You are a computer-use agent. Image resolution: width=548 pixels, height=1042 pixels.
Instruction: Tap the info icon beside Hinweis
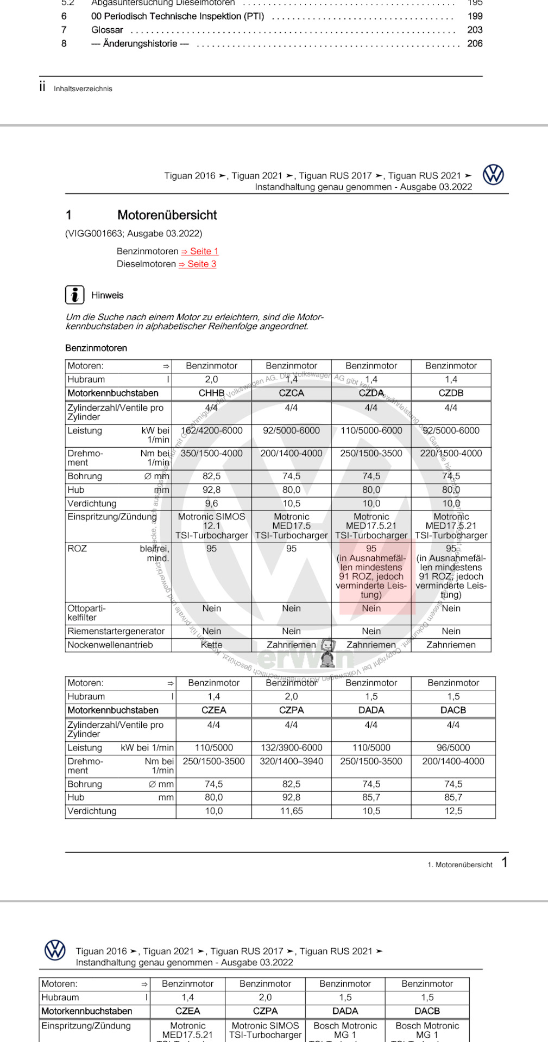(x=75, y=295)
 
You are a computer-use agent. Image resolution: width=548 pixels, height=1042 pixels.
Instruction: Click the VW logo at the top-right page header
(x=493, y=175)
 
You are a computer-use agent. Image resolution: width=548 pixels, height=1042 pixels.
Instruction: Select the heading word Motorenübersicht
(x=167, y=215)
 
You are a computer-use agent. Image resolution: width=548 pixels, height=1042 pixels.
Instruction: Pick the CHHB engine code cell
(x=211, y=393)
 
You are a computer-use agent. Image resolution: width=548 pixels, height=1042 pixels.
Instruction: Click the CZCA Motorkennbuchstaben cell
(x=291, y=393)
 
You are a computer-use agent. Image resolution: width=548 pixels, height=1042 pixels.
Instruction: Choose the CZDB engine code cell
(x=451, y=393)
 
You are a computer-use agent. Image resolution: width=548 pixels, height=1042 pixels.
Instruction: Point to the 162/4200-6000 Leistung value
(x=211, y=430)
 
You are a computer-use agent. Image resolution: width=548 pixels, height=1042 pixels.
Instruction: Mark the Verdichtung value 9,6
(x=211, y=503)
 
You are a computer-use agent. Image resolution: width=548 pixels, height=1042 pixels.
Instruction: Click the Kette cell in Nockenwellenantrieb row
(x=211, y=645)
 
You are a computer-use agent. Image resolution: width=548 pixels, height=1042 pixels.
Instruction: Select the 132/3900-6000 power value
(x=291, y=747)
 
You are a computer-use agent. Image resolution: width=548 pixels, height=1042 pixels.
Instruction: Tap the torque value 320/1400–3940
(x=291, y=761)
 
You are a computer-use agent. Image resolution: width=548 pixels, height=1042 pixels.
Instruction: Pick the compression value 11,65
(x=291, y=811)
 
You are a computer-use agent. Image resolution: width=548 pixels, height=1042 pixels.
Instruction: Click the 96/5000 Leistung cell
(x=453, y=747)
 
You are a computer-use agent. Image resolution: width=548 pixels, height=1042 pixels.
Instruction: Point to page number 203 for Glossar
(x=475, y=30)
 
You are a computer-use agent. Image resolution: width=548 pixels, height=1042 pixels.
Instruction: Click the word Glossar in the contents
(x=107, y=30)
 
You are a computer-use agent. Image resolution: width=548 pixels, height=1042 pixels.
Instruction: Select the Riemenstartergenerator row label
(x=116, y=631)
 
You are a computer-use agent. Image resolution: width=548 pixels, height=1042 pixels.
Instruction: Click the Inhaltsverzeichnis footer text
(x=83, y=88)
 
